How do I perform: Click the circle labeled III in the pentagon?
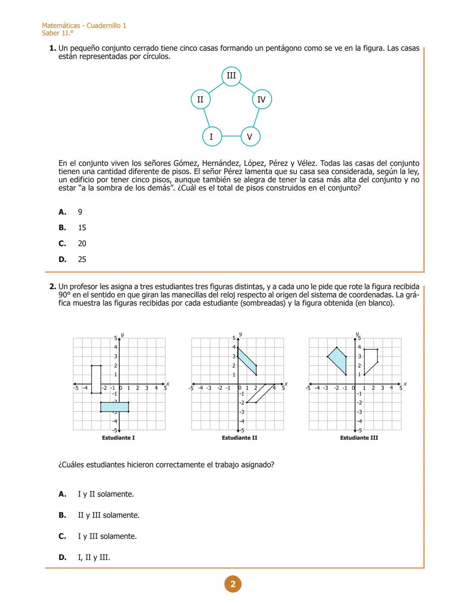click(231, 76)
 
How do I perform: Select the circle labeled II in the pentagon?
click(201, 100)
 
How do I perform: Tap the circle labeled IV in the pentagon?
click(261, 100)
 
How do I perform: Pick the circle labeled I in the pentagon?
click(211, 137)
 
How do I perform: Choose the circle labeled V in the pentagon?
click(250, 137)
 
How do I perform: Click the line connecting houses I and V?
click(231, 136)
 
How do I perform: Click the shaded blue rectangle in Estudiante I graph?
click(114, 407)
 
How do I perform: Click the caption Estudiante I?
click(118, 438)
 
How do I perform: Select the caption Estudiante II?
click(239, 438)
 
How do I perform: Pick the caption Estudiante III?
click(359, 438)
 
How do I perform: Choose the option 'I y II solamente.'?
click(105, 494)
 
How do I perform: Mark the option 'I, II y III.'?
click(94, 557)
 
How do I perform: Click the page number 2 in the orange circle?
click(233, 584)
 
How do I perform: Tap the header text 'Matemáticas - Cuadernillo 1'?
click(84, 26)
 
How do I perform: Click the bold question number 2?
click(53, 287)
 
